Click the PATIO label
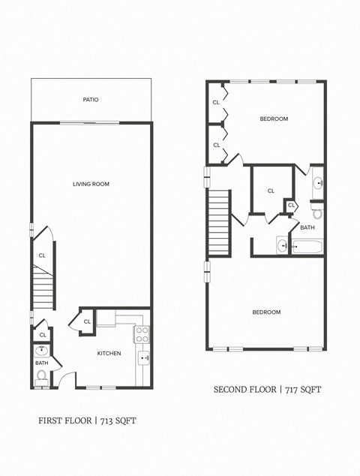click(91, 100)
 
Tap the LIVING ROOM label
click(91, 184)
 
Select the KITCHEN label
click(109, 353)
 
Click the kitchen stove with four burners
click(142, 334)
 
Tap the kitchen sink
click(143, 358)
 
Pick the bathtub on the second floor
click(307, 246)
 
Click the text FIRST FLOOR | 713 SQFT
click(87, 420)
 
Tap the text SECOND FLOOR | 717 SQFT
click(267, 389)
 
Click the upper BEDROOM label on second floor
click(274, 119)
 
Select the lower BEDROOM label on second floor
click(266, 312)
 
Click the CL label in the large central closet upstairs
click(271, 191)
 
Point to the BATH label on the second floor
click(307, 227)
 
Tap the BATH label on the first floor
click(41, 363)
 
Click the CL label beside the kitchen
click(87, 321)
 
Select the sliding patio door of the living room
click(89, 122)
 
